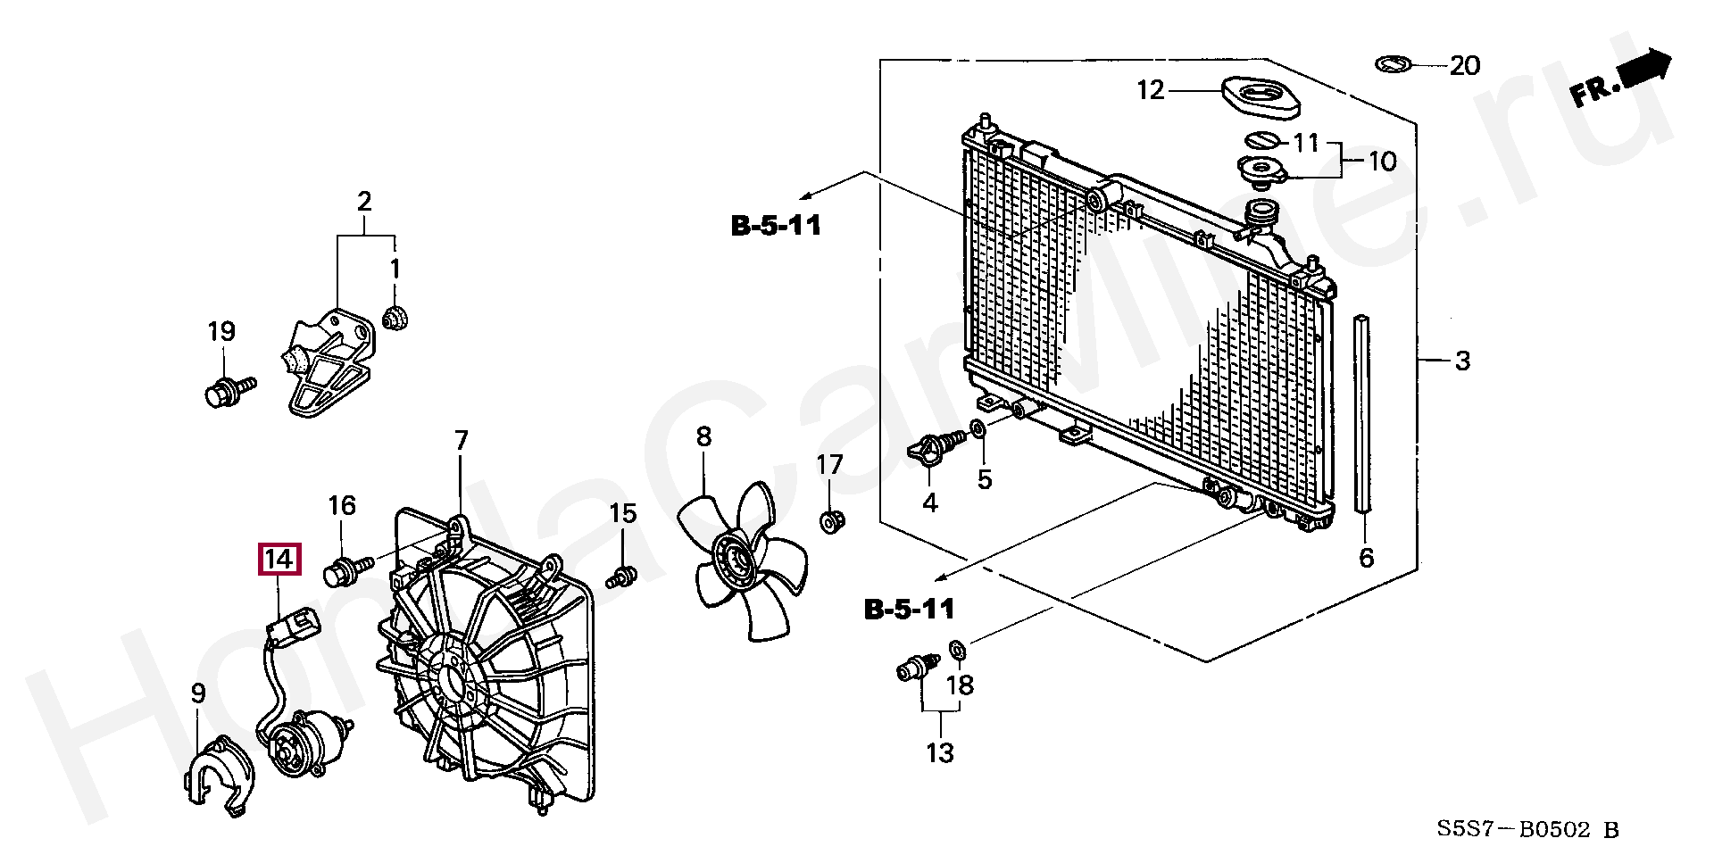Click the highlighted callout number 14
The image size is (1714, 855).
(279, 560)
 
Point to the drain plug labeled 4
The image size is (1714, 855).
(935, 448)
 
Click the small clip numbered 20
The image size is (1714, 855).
(1393, 64)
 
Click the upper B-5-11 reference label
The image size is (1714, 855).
(775, 226)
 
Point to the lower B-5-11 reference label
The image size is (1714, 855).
(909, 610)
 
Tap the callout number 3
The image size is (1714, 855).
(1461, 361)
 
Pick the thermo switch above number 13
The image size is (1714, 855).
(917, 667)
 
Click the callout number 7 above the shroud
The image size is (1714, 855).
(461, 440)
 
